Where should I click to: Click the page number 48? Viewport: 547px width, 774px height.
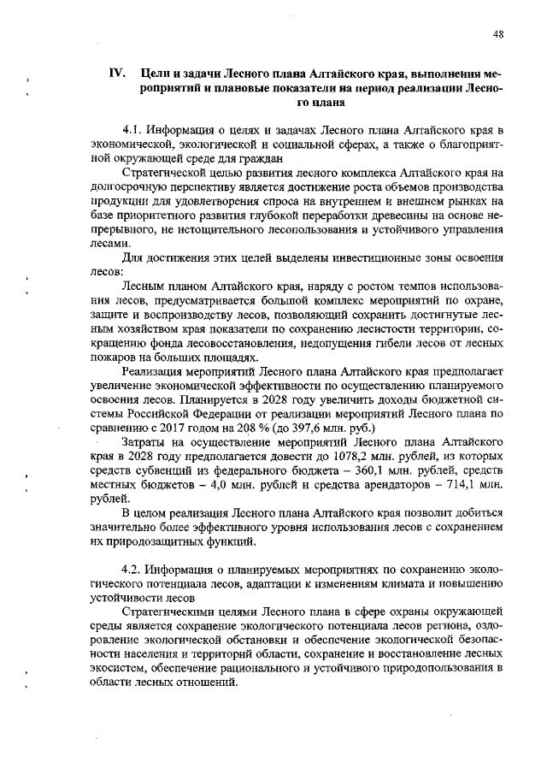click(x=498, y=33)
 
